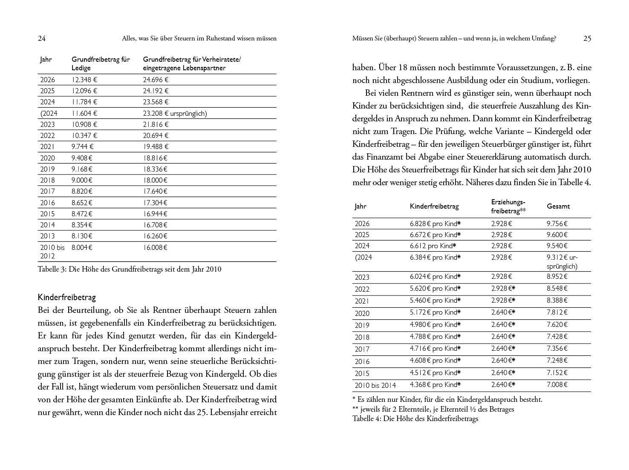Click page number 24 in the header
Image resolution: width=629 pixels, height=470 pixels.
[42, 38]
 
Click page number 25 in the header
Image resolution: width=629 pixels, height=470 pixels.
[587, 38]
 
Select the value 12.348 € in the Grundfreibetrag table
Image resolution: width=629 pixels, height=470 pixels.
[84, 80]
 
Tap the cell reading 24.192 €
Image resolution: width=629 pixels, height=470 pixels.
[156, 91]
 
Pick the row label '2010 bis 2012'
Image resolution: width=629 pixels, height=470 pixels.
[52, 252]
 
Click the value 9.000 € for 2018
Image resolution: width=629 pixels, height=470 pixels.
[82, 180]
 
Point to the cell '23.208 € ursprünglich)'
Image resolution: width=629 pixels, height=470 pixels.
[175, 113]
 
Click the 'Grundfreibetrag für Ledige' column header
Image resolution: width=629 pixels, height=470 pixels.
[101, 63]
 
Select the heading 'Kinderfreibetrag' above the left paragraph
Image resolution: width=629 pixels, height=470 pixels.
[67, 297]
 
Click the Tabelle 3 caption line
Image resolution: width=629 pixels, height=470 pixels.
[130, 269]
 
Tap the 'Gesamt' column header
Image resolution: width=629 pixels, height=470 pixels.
[558, 206]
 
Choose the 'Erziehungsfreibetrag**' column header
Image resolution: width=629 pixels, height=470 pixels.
[508, 206]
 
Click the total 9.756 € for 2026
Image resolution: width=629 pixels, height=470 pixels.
[557, 224]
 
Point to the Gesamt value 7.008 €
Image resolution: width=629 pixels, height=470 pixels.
[557, 385]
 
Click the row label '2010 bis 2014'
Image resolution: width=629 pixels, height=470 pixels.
[375, 385]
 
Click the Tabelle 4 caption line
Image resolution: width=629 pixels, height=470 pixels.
[415, 418]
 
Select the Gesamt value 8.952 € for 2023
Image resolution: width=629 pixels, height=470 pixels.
[557, 277]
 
